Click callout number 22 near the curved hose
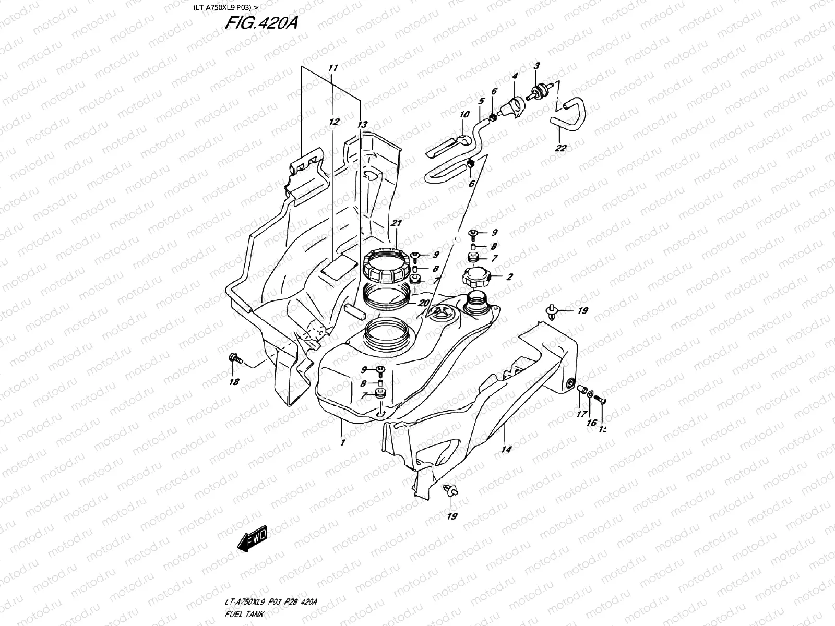point(560,148)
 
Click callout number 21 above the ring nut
point(397,223)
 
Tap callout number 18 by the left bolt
point(234,382)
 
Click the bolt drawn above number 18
point(234,358)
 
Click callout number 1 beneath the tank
point(342,443)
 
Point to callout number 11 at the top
point(333,68)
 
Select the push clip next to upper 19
point(552,312)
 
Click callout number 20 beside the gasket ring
point(423,303)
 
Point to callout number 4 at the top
point(515,76)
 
